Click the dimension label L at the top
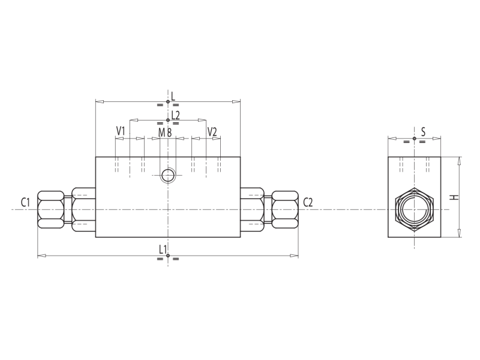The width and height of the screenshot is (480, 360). [173, 95]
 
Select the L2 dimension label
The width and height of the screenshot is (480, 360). [175, 114]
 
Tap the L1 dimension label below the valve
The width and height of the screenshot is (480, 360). [163, 249]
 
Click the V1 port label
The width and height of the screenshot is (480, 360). [121, 131]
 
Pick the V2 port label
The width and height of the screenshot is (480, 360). [212, 131]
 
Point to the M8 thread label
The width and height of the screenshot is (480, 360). [165, 132]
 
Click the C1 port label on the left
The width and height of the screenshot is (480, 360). [25, 202]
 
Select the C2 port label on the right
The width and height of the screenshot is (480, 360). [308, 202]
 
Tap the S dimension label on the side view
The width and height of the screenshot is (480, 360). [423, 131]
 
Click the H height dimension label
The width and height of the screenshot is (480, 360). [455, 197]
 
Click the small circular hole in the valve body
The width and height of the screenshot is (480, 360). [168, 175]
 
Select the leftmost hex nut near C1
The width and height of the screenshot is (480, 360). [50, 209]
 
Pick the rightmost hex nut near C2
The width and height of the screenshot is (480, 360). [285, 209]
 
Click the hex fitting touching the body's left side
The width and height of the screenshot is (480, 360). [83, 209]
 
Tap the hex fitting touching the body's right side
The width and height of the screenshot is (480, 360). [252, 209]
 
